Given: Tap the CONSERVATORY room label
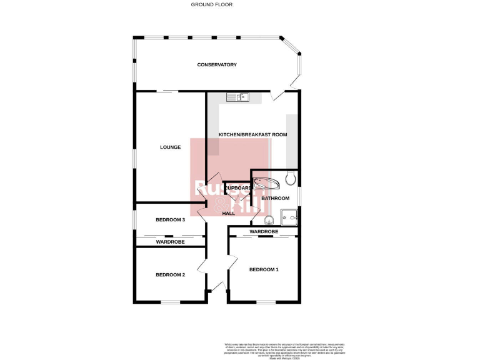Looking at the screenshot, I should point(217,65).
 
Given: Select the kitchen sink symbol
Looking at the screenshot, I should point(238,97).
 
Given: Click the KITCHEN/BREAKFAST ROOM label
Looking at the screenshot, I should point(252,135).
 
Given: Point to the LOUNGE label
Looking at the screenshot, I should point(170,147).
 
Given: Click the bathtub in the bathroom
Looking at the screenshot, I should point(267,182).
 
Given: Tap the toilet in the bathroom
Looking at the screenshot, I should point(289,180).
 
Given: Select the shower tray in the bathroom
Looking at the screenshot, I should point(290,216).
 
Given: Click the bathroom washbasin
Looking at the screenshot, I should point(269,219).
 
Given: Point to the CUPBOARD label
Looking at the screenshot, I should point(237,188).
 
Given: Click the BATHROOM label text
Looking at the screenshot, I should point(275,198).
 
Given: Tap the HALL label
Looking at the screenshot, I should point(229,214).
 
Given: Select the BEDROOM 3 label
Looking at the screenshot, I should point(170,220).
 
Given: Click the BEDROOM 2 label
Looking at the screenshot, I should point(170,275).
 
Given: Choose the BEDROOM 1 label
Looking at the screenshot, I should point(264,270).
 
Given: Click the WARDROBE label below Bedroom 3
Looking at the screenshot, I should point(170,241).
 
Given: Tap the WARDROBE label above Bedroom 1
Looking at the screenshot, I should point(264,232).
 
